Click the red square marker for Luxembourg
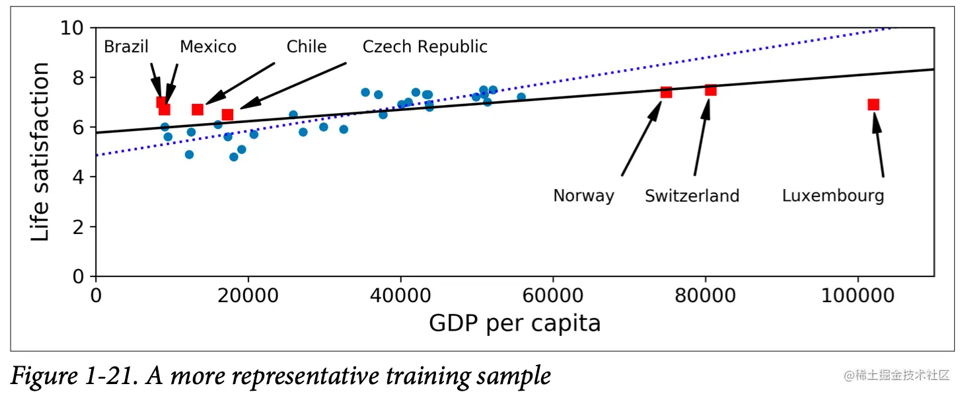(x=873, y=104)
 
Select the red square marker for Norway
(x=666, y=92)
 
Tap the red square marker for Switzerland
(x=710, y=90)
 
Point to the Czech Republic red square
(x=227, y=114)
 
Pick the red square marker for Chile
(x=198, y=109)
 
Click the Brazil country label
(x=126, y=47)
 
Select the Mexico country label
(x=208, y=47)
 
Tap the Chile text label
(x=306, y=47)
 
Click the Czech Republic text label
(x=425, y=47)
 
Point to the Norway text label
(x=583, y=196)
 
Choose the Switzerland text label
(x=692, y=196)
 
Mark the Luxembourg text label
(x=832, y=196)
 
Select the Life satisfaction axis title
(x=40, y=152)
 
